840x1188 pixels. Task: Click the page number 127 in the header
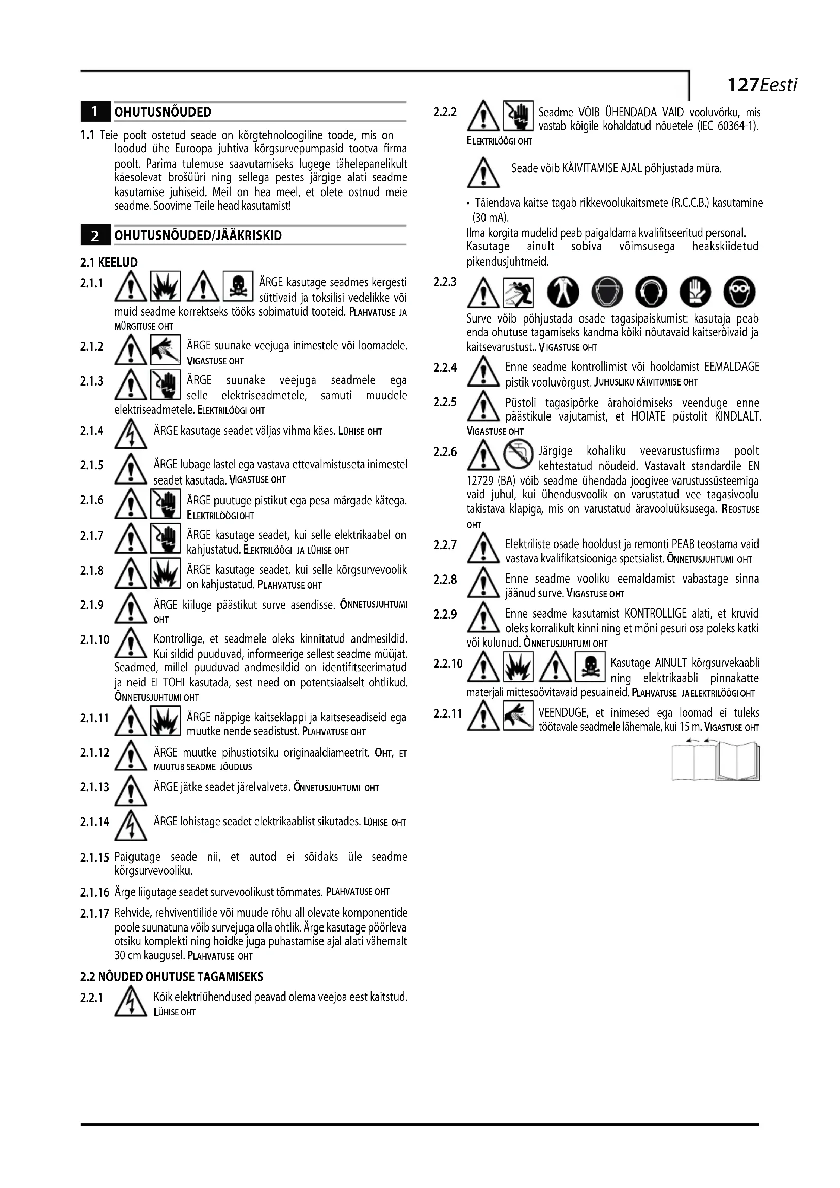click(742, 85)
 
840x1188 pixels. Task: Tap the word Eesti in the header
click(779, 85)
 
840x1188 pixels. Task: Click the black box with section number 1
click(94, 112)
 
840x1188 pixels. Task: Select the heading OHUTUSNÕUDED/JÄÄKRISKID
click(198, 236)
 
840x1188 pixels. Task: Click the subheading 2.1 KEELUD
click(109, 262)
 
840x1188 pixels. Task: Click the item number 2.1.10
click(94, 639)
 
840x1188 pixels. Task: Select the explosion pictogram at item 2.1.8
click(166, 573)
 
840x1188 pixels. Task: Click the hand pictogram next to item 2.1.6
click(166, 503)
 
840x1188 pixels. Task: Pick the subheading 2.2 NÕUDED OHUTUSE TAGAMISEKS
click(172, 977)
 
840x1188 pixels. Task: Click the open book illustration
click(716, 762)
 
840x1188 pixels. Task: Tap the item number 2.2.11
click(447, 714)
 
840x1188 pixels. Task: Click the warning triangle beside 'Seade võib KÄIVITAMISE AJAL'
click(482, 173)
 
